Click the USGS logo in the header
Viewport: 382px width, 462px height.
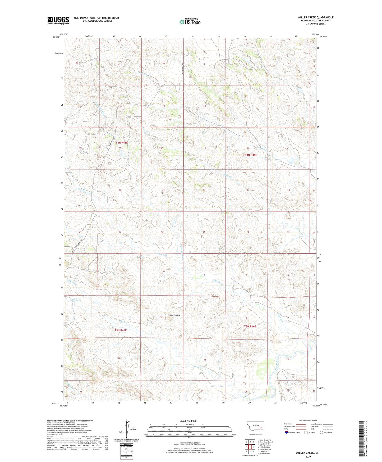point(58,20)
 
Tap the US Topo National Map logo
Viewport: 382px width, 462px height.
point(190,21)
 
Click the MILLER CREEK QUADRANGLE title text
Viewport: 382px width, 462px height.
point(316,17)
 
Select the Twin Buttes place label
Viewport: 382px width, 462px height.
point(174,315)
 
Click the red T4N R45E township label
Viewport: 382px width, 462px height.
point(122,143)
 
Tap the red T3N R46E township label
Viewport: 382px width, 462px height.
point(250,327)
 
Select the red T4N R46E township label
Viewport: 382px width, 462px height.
point(251,155)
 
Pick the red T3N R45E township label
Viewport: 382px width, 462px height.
point(121,330)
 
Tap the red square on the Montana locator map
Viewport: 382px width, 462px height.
point(261,427)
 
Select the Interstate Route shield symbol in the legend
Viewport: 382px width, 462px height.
point(287,432)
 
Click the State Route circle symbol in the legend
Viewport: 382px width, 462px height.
point(321,432)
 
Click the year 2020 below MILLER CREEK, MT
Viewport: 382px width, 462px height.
point(308,456)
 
